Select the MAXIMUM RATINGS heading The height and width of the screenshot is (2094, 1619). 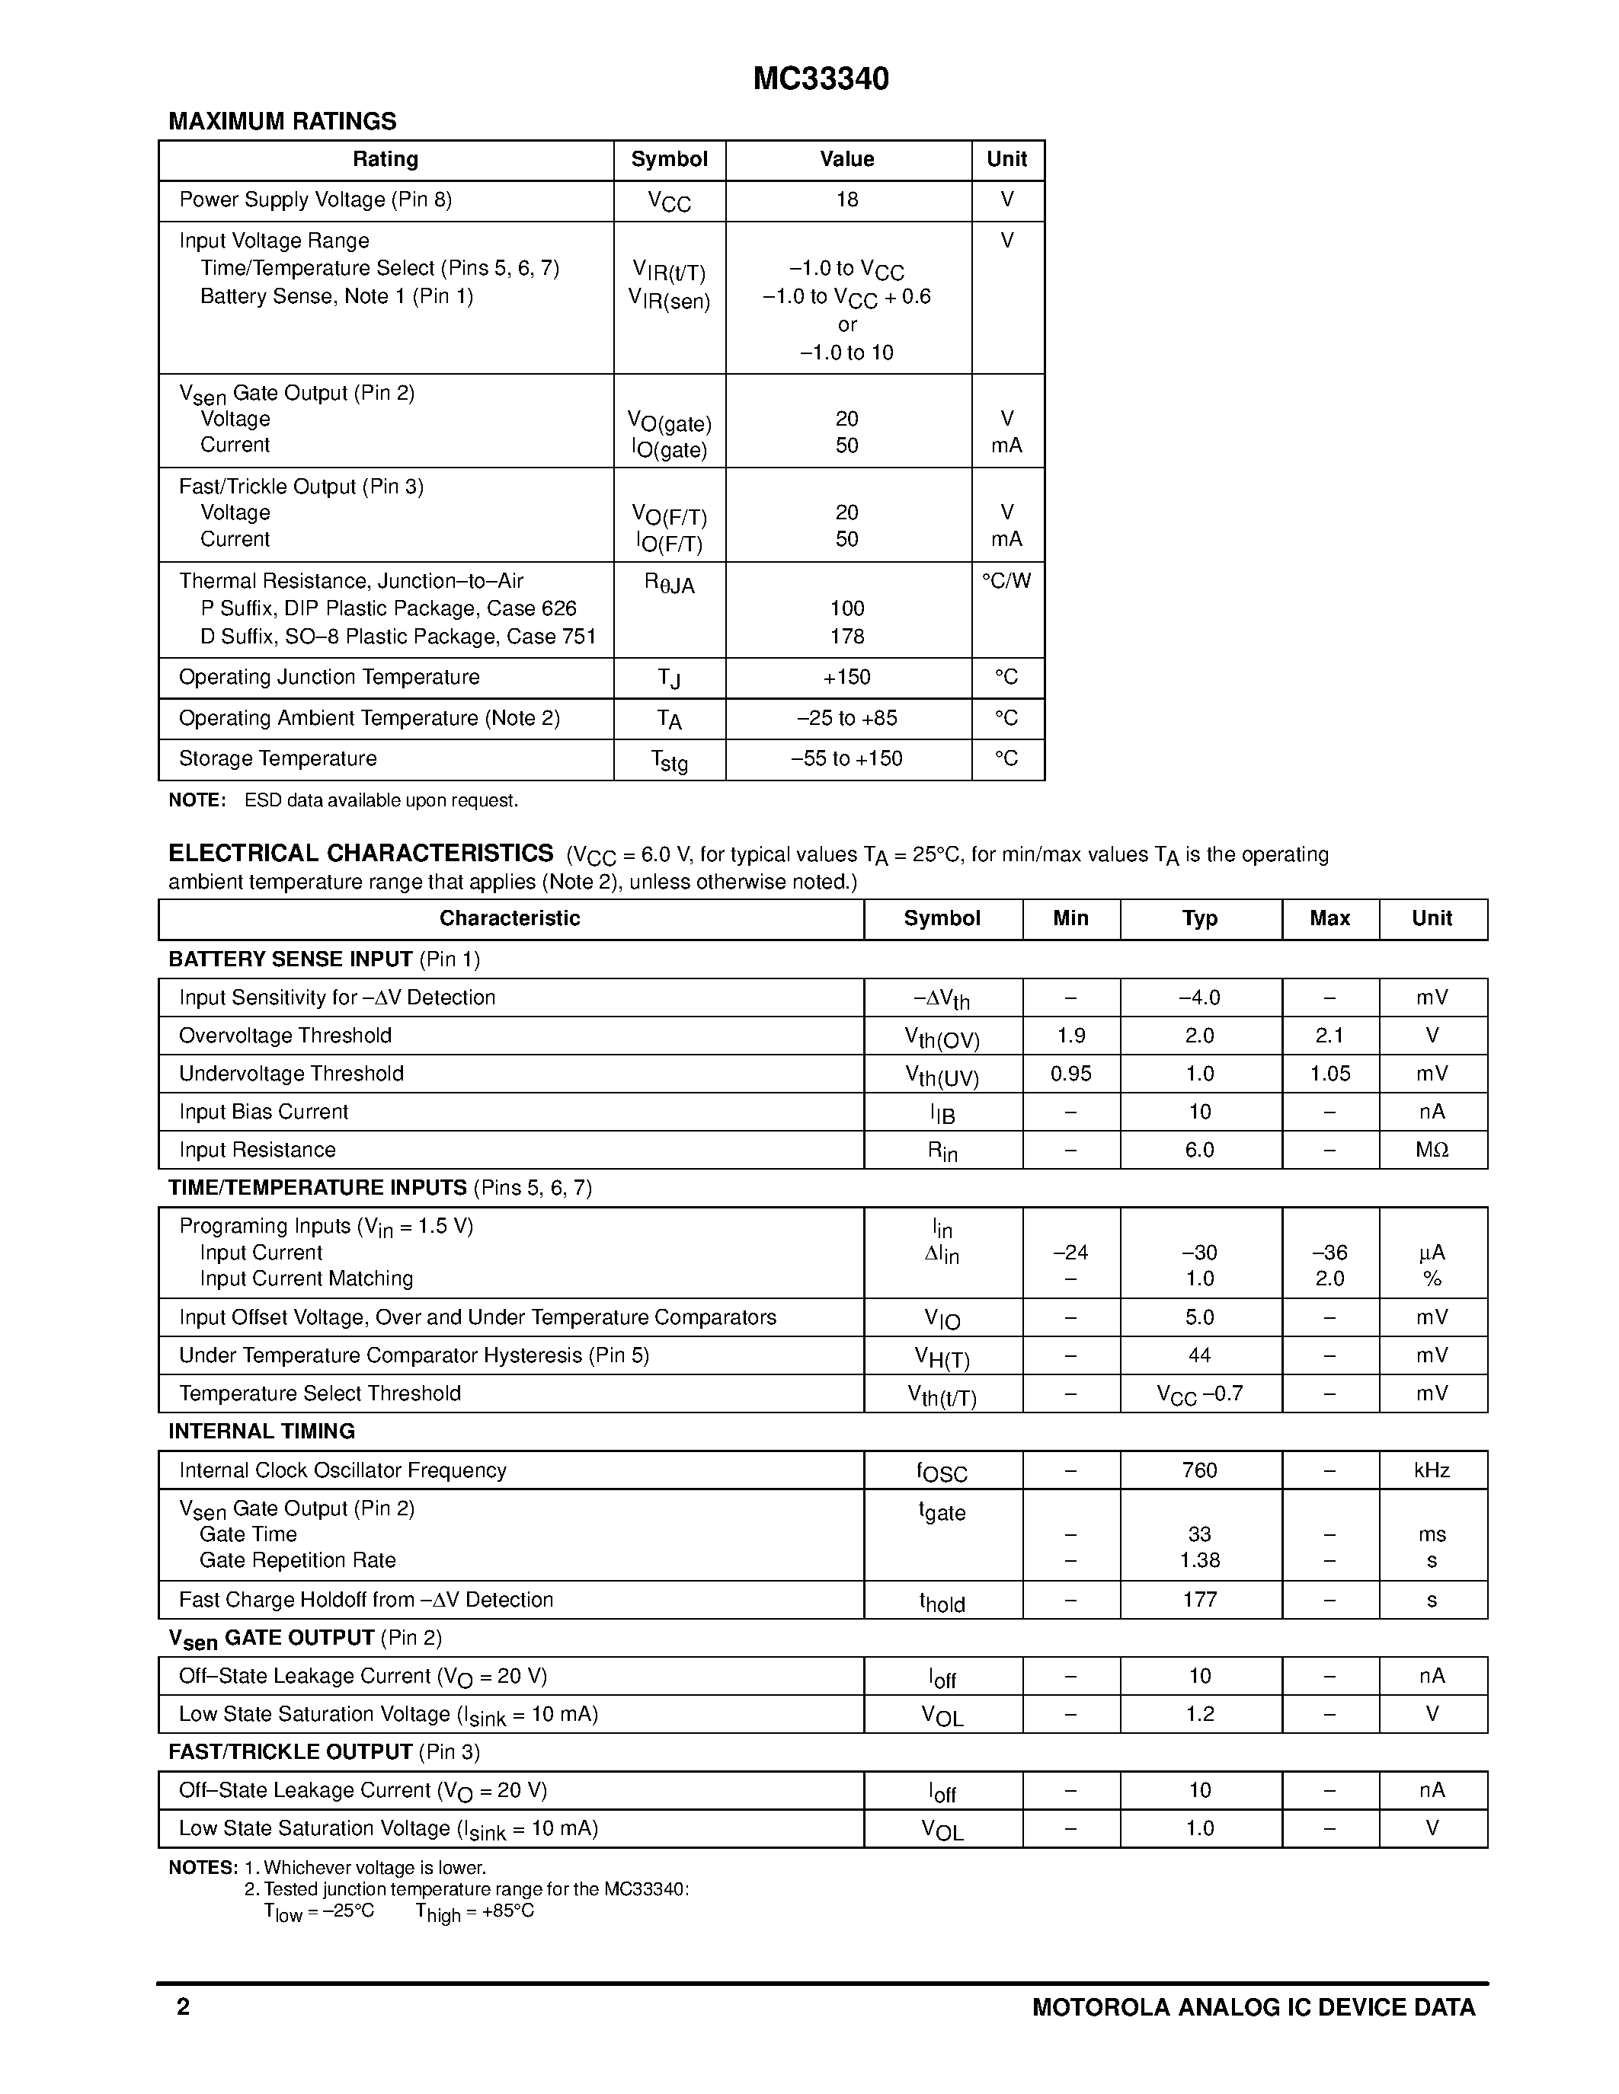click(x=282, y=122)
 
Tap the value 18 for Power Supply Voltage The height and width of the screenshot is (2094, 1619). click(x=847, y=200)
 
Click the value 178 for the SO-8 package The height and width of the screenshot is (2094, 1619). click(x=847, y=637)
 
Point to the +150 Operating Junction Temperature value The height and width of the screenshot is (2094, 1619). click(x=847, y=677)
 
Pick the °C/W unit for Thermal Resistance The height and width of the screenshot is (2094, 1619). click(x=1006, y=581)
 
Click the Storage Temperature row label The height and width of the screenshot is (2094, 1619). click(x=278, y=758)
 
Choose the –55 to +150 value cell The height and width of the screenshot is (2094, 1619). click(x=847, y=758)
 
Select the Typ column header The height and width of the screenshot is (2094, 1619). click(x=1200, y=918)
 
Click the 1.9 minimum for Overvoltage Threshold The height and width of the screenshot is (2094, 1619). click(x=1070, y=1036)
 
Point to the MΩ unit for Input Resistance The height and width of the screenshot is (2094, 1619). click(x=1432, y=1150)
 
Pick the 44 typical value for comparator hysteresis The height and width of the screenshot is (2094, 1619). click(x=1200, y=1355)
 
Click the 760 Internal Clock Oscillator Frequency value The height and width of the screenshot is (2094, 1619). click(x=1200, y=1470)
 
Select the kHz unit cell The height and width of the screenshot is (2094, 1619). click(x=1432, y=1470)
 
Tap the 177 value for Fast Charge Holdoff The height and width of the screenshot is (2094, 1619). click(x=1200, y=1599)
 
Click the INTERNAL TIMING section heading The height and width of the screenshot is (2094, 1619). click(x=262, y=1432)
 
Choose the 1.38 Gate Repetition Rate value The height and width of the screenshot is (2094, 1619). click(x=1200, y=1560)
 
